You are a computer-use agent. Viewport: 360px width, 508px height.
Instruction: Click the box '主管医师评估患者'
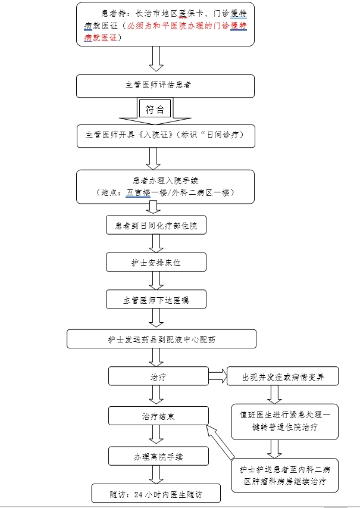pos(165,85)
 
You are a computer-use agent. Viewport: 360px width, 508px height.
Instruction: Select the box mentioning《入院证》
pos(165,135)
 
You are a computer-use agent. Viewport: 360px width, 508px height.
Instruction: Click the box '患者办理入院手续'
pos(165,186)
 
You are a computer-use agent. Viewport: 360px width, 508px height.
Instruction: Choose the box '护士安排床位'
pos(156,262)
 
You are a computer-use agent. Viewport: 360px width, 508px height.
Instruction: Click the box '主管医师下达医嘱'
pos(156,299)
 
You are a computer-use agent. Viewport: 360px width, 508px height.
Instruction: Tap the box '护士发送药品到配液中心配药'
pos(161,339)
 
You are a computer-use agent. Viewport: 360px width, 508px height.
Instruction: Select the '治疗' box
pos(158,376)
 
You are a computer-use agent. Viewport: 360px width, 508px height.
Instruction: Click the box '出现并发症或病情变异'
pos(282,376)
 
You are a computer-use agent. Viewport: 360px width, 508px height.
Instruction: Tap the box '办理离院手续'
pos(158,457)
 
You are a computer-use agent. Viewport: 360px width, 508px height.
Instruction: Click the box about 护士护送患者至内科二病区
pos(285,475)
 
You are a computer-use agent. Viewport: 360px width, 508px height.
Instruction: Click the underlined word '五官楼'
pos(138,192)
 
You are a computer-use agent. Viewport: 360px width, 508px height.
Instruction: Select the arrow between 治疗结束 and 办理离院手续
pos(156,436)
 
